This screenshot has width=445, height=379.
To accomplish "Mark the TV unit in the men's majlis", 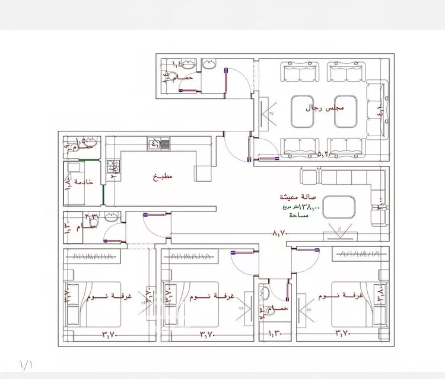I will tap(265, 112).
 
